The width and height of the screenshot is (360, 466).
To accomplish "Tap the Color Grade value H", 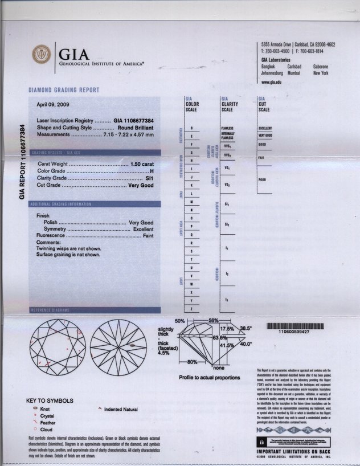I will (x=152, y=171).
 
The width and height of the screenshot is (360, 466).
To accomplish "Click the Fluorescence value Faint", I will (x=148, y=235).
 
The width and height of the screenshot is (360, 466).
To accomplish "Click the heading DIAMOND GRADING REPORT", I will (x=64, y=90).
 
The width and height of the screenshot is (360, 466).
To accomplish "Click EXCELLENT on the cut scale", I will (x=265, y=129).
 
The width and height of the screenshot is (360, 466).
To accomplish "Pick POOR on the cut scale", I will (x=262, y=179).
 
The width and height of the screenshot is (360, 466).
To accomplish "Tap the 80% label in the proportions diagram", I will (x=192, y=362).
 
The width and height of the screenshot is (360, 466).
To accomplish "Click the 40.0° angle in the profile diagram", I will (x=245, y=345).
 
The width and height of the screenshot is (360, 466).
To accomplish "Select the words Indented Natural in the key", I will (x=121, y=410).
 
